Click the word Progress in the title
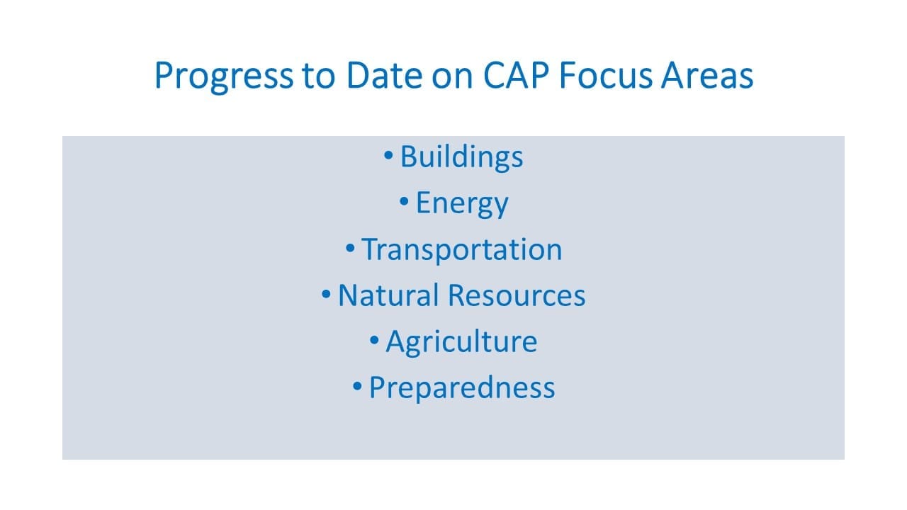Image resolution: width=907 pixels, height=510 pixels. [x=224, y=76]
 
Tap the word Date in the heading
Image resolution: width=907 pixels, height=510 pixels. [x=385, y=75]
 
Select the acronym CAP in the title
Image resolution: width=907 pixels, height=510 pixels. [x=517, y=75]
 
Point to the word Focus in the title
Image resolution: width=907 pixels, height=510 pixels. [x=606, y=75]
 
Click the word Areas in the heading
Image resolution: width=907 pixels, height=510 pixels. [x=707, y=75]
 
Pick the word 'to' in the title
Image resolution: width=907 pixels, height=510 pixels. [x=319, y=76]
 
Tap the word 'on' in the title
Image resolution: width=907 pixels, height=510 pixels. [x=452, y=79]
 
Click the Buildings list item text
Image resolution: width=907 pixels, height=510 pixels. [x=461, y=157]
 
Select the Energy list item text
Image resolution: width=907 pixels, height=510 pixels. [x=462, y=204]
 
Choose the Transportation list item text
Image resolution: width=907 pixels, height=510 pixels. [x=462, y=249]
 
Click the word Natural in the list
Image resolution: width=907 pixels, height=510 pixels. [x=388, y=295]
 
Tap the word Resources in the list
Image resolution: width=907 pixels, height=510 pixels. [x=517, y=295]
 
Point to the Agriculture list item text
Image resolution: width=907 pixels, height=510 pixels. [x=461, y=342]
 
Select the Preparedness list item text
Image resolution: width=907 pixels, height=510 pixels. [x=462, y=388]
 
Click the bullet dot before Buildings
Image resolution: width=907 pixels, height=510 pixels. [x=388, y=155]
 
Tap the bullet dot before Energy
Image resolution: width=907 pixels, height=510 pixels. [x=404, y=201]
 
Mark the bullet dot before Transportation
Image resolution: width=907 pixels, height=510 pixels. [x=350, y=248]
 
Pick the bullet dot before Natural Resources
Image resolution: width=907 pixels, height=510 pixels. [x=326, y=294]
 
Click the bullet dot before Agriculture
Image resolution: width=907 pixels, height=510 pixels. [x=375, y=340]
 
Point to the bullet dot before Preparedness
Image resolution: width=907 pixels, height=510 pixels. [x=357, y=386]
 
